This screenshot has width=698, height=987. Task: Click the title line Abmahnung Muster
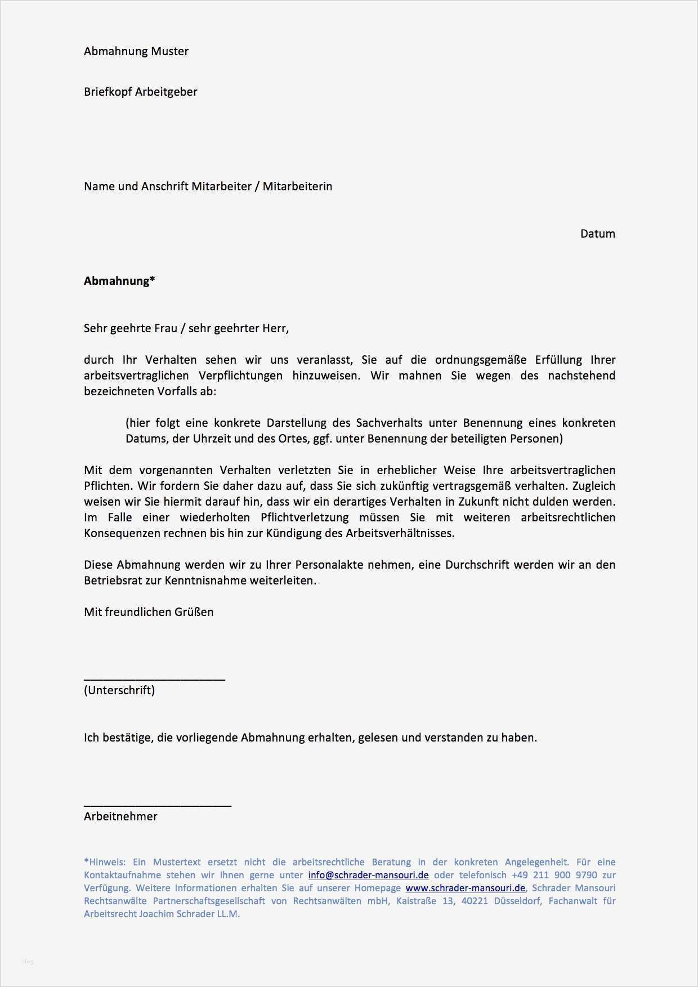click(x=136, y=51)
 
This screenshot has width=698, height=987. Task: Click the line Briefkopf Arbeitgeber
click(x=140, y=92)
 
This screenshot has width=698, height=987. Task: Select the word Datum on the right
click(x=597, y=234)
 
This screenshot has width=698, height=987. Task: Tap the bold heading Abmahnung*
click(x=119, y=281)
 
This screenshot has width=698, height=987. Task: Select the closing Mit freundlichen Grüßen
click(x=149, y=612)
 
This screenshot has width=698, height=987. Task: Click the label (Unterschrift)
click(x=119, y=690)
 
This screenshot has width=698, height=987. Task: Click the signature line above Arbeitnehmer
click(x=158, y=806)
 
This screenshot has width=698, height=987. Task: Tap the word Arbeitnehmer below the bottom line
click(x=120, y=816)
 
